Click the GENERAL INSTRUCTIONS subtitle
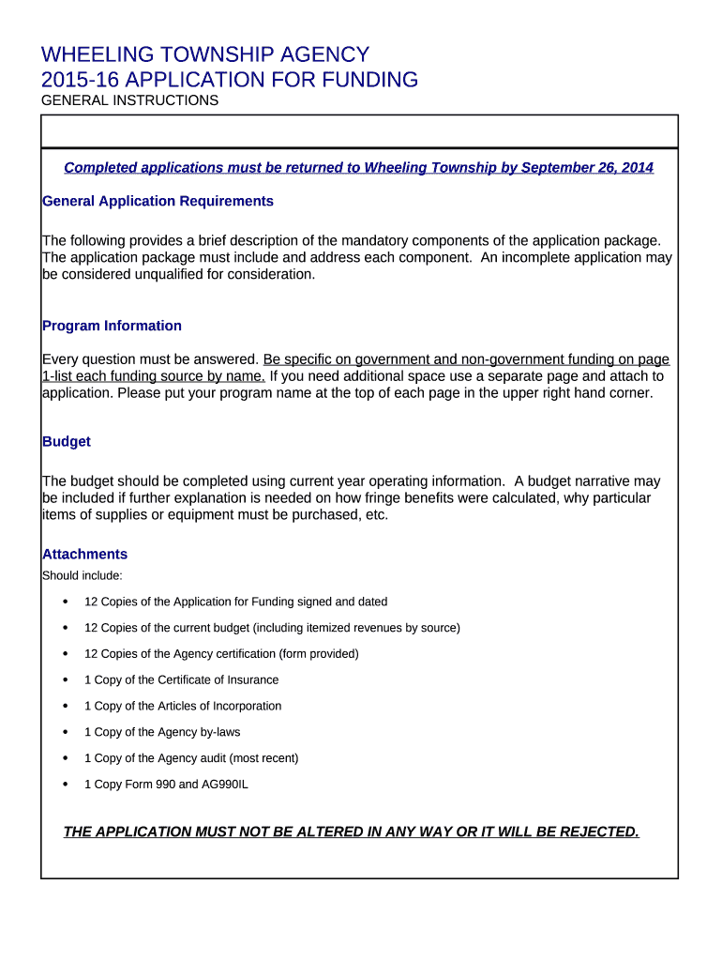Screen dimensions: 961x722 click(x=130, y=100)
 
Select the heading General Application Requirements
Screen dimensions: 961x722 click(x=158, y=201)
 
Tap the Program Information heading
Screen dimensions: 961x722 click(x=112, y=326)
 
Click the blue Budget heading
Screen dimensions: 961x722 click(x=67, y=441)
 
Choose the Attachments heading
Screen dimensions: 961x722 click(x=84, y=554)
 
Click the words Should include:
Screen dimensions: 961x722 click(x=83, y=575)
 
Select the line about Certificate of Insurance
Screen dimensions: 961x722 click(x=181, y=679)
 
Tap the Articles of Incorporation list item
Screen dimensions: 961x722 click(x=183, y=706)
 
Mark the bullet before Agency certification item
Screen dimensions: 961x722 click(x=65, y=653)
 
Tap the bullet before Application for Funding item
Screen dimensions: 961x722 click(x=65, y=602)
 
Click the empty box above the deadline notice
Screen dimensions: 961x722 click(x=359, y=131)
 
